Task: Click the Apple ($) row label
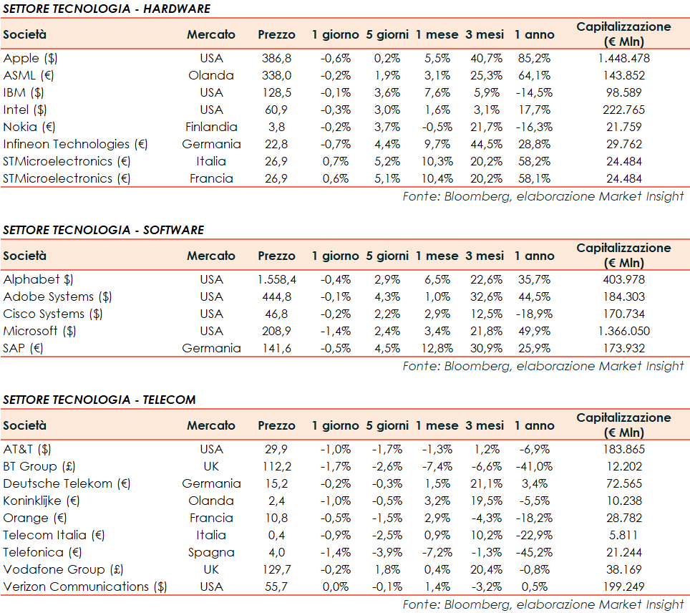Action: pyautogui.click(x=31, y=58)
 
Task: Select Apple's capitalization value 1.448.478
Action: pyautogui.click(x=623, y=58)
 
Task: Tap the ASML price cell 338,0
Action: pyautogui.click(x=276, y=75)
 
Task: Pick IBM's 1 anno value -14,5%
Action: pyautogui.click(x=533, y=92)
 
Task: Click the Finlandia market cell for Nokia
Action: pyautogui.click(x=211, y=127)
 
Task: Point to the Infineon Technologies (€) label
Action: pyautogui.click(x=75, y=144)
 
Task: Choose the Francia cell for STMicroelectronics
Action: pyautogui.click(x=211, y=178)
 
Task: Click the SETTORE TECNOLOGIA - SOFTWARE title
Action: pyautogui.click(x=104, y=230)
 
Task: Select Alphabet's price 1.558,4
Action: pyautogui.click(x=276, y=279)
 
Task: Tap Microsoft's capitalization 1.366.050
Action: pyautogui.click(x=623, y=331)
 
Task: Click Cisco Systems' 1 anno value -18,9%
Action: pyautogui.click(x=533, y=314)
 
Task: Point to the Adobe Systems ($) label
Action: pyautogui.click(x=57, y=296)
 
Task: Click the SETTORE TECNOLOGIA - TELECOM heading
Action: pyautogui.click(x=99, y=400)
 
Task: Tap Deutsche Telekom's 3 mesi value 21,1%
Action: pyautogui.click(x=485, y=483)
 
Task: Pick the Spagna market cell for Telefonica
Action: pyautogui.click(x=211, y=552)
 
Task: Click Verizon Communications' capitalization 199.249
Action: pyautogui.click(x=623, y=587)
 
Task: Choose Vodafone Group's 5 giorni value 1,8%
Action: pyautogui.click(x=387, y=569)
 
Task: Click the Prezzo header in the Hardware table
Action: pyautogui.click(x=276, y=34)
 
